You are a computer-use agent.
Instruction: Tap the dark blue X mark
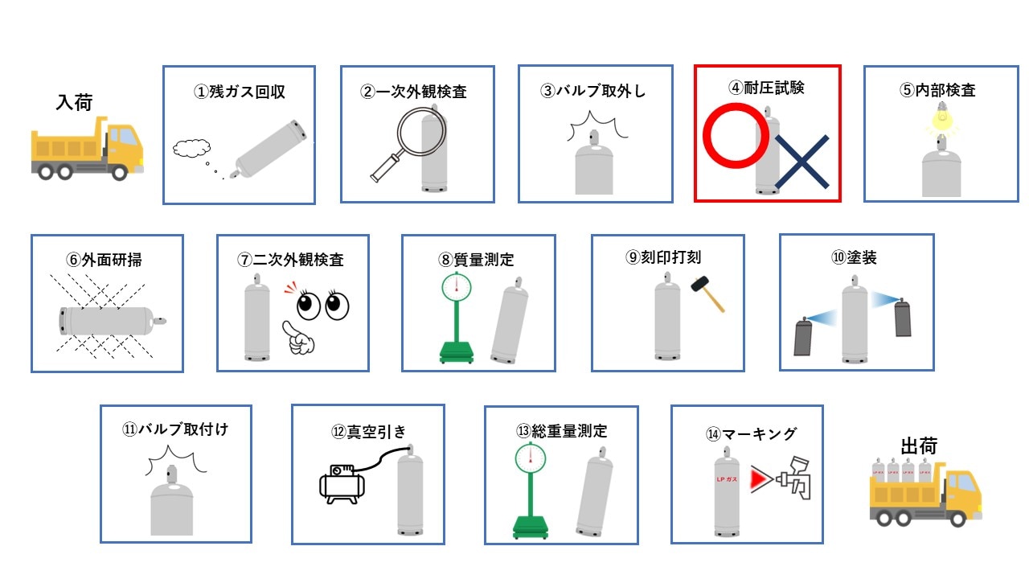(802, 162)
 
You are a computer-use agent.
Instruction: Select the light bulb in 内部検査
(941, 117)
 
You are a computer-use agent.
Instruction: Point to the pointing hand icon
(297, 339)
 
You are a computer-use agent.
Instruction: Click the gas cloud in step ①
(191, 148)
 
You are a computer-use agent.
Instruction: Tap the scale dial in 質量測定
(456, 287)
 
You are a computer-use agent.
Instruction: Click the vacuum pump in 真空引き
(342, 483)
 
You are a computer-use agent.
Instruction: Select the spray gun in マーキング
(793, 478)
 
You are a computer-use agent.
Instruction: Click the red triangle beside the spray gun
(760, 478)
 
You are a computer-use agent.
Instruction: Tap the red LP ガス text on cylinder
(727, 479)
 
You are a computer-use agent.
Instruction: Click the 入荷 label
(75, 102)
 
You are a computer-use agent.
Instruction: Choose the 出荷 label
(919, 446)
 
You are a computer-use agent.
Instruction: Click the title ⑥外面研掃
(105, 260)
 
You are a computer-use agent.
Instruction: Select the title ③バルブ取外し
(593, 91)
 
